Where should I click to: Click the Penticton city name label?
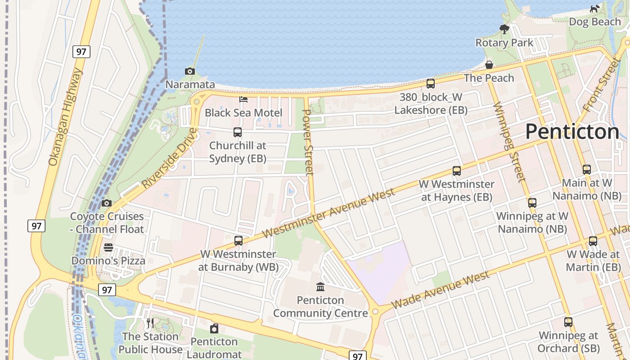(572, 132)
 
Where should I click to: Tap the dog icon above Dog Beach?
(595, 9)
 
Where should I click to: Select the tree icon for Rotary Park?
(504, 29)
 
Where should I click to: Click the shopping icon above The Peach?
(489, 65)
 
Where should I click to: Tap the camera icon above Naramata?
(190, 71)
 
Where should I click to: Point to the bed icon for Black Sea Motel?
(243, 99)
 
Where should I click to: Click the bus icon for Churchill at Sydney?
(238, 132)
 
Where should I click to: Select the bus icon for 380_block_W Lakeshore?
(431, 84)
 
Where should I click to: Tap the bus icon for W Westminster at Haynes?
(457, 171)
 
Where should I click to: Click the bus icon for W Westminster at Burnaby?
(238, 241)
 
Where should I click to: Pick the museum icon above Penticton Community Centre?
(320, 287)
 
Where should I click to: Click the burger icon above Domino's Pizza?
(108, 247)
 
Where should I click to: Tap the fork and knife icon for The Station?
(150, 323)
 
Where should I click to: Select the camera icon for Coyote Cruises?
(107, 203)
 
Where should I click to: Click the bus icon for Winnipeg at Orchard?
(568, 322)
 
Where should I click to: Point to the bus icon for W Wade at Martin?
(593, 241)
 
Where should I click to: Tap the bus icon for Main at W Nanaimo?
(587, 170)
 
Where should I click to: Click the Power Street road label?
(307, 142)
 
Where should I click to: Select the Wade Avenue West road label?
(440, 290)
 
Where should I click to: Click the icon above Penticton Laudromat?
(214, 328)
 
